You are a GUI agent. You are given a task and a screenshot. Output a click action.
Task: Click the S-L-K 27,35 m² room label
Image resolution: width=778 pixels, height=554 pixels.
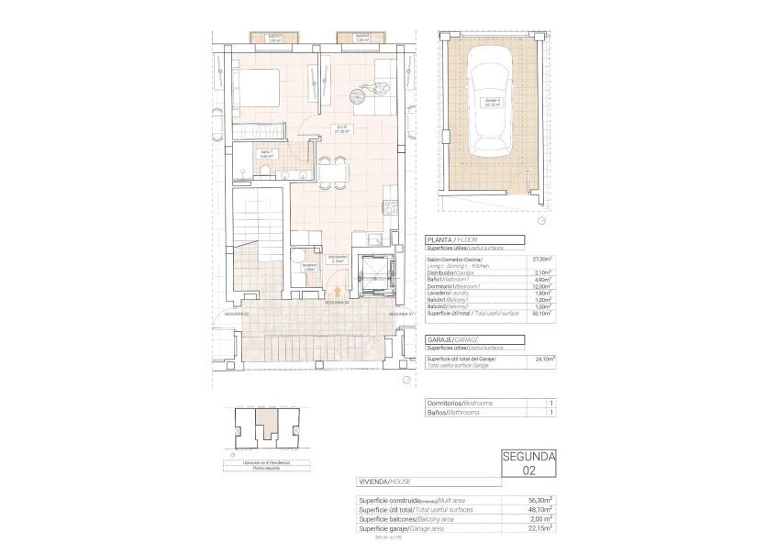coord(340,129)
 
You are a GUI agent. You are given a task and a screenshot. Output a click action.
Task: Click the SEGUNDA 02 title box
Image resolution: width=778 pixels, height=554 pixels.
coord(529,464)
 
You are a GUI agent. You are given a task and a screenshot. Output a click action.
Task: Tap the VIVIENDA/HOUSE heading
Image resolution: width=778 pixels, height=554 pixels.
coord(385,482)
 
